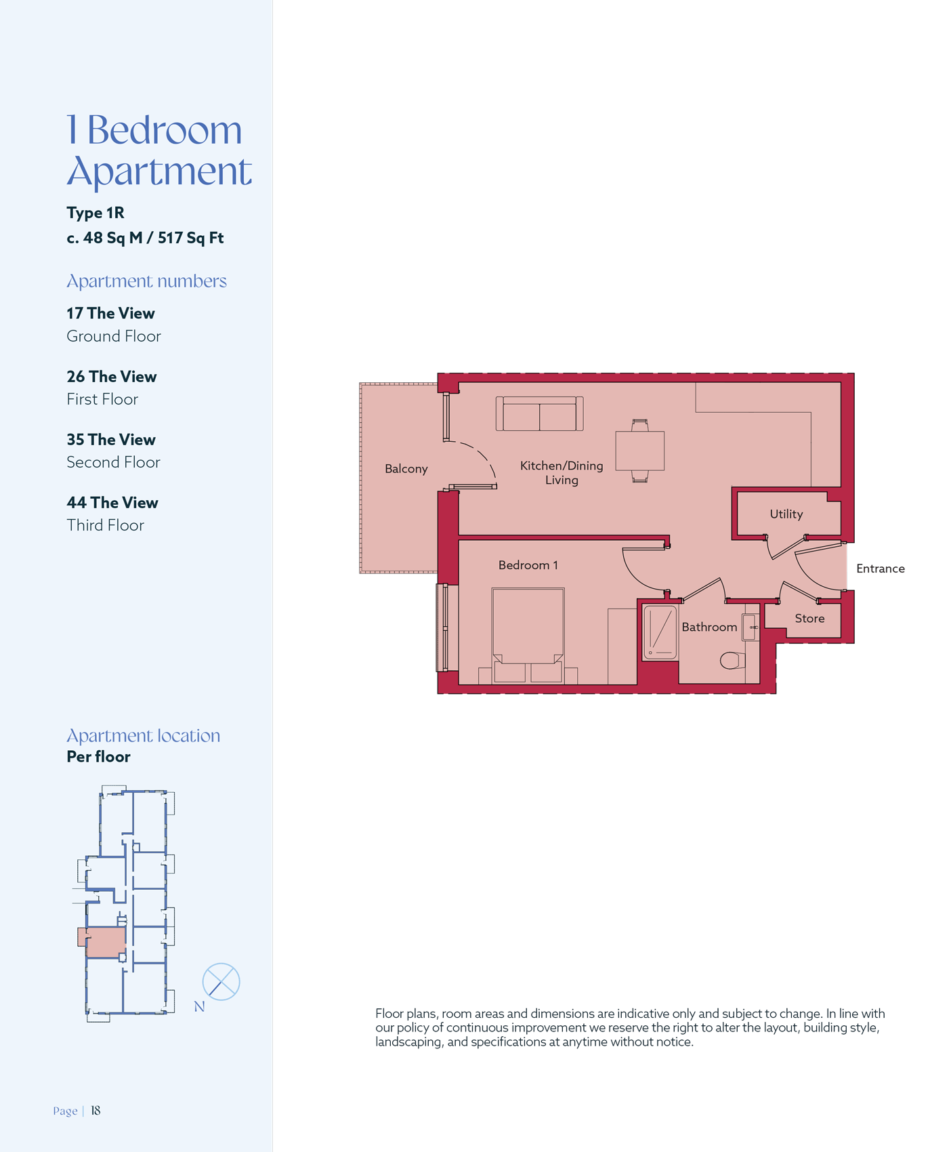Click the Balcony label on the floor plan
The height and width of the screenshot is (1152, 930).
point(406,469)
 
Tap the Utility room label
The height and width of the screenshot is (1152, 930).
point(786,514)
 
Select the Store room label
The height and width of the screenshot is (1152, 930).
point(809,619)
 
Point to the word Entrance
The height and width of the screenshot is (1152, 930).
point(880,569)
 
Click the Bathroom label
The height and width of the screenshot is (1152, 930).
point(709,628)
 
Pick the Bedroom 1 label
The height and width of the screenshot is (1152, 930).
point(528,565)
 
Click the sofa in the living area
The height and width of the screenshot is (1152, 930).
point(539,413)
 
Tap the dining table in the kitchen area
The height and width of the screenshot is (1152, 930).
point(639,451)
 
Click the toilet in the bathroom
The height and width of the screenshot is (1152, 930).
point(732,660)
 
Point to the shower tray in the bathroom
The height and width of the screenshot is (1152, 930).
point(660,632)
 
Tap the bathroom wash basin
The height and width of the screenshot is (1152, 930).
point(751,627)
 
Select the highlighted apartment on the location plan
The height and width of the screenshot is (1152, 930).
point(105,942)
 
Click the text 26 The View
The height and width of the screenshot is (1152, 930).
point(112,377)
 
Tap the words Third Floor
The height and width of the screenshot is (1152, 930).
point(105,525)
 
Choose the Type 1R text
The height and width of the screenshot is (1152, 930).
point(96,213)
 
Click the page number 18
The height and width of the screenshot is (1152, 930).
point(96,1111)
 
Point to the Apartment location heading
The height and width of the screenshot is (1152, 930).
point(143,736)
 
